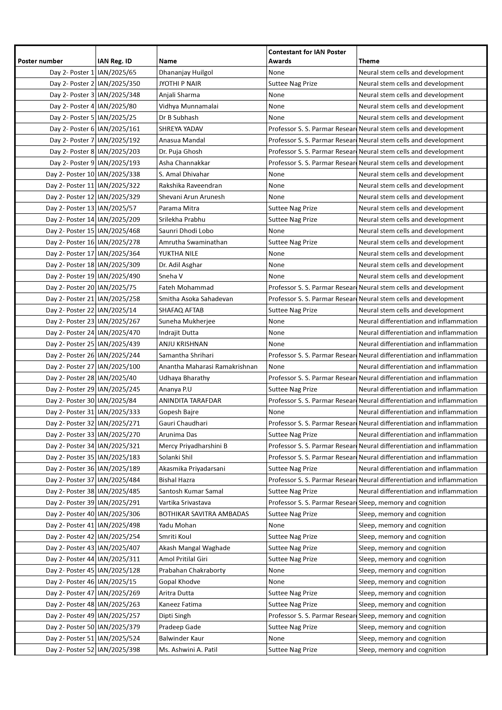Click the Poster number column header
tap(40, 61)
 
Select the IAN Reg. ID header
tap(114, 61)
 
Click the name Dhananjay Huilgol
tap(186, 72)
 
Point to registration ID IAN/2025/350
tap(119, 84)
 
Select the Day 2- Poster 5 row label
tap(72, 118)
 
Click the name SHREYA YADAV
tap(181, 129)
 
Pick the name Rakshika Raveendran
tap(190, 186)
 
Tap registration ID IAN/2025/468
tap(119, 231)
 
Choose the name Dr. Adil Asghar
tap(180, 265)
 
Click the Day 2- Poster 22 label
tap(70, 310)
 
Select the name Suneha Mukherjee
tap(187, 321)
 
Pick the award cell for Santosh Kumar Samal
tap(293, 491)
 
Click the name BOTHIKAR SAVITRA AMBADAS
tap(203, 514)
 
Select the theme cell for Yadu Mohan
tap(402, 525)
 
